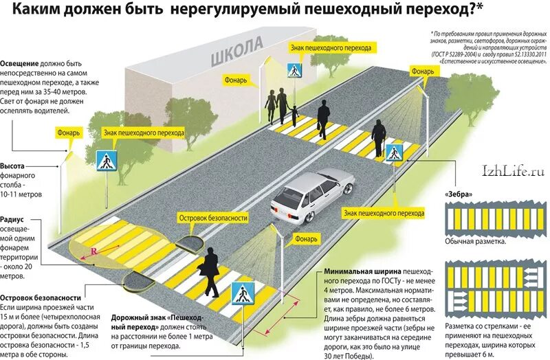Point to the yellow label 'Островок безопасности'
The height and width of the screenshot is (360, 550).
point(212,218)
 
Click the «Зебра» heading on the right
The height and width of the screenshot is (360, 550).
point(459,194)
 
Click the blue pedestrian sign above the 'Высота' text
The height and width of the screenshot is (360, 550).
point(105,161)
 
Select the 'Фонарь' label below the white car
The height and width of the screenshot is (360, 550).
point(305,240)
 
